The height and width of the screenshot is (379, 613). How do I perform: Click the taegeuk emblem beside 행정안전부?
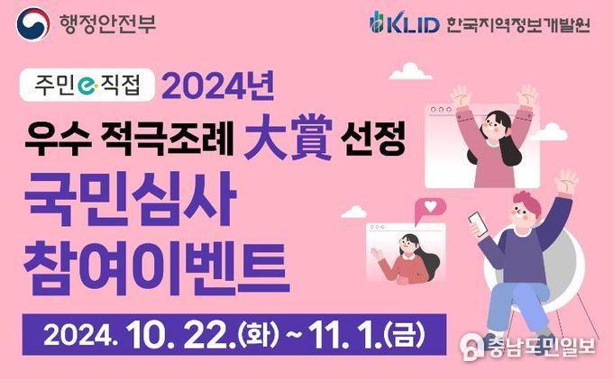32,23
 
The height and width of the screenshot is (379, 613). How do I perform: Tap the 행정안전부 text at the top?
107,23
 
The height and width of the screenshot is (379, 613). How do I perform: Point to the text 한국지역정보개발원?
518,24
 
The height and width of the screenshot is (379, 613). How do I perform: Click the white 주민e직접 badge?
87,85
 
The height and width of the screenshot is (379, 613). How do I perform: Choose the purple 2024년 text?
218,86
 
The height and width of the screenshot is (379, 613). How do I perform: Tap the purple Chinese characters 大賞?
288,137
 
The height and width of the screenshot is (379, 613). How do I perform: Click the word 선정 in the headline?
372,138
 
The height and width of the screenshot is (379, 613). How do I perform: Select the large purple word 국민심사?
130,199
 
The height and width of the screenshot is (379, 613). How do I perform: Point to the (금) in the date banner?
405,335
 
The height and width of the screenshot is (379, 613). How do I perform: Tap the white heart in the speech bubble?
430,206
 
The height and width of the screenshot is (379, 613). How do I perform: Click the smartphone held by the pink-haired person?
478,223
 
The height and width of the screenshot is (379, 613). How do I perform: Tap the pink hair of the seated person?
526,201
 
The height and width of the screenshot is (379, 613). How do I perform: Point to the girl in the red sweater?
407,258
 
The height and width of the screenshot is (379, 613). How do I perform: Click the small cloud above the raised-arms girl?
410,71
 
